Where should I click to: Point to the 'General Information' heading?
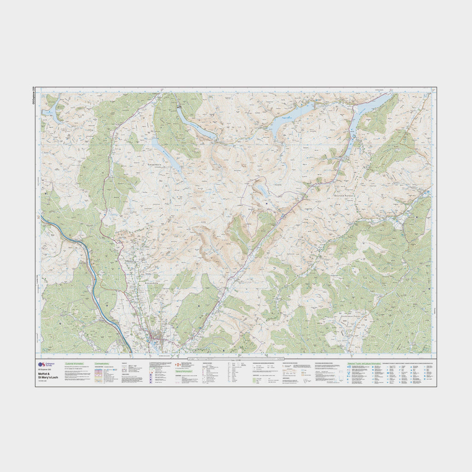(185, 371)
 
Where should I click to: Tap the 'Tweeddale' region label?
(154, 164)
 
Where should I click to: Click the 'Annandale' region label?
(152, 282)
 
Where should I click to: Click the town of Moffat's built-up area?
(157, 340)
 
